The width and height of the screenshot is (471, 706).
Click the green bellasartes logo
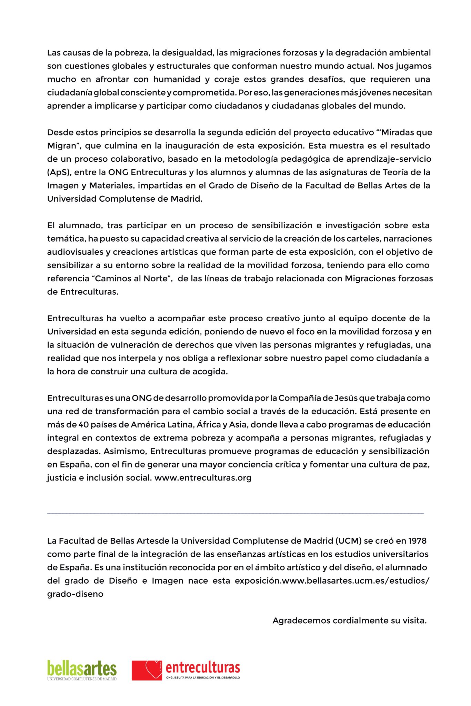click(x=82, y=668)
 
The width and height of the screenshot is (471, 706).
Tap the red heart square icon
click(x=147, y=670)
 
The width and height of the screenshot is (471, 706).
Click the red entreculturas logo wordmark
click(x=203, y=667)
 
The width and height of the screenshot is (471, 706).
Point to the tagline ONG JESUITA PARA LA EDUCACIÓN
click(x=203, y=677)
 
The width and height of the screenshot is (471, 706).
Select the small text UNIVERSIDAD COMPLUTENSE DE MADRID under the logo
click(x=82, y=679)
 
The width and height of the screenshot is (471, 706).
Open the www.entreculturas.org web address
click(x=203, y=478)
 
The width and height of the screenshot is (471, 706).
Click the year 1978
click(x=417, y=541)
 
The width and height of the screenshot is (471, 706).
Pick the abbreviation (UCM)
click(x=348, y=541)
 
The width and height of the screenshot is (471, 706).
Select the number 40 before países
click(x=83, y=425)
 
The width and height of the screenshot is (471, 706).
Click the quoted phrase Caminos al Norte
click(x=134, y=279)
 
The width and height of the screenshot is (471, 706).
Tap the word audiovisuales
click(x=75, y=252)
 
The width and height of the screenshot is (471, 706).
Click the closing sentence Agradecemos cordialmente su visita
click(x=350, y=621)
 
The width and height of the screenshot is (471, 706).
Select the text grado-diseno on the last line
click(x=75, y=594)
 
